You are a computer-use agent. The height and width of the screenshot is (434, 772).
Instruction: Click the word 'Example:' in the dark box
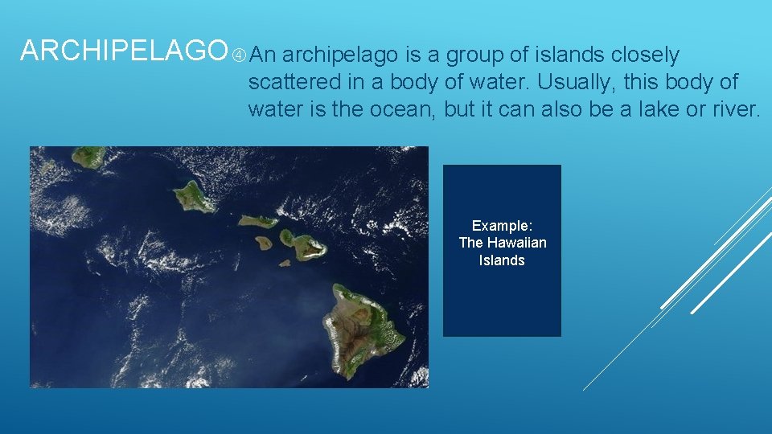pos(502,226)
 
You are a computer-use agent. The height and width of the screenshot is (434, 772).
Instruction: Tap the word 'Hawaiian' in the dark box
pos(517,243)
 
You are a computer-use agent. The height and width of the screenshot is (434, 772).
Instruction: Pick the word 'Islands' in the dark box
pos(502,260)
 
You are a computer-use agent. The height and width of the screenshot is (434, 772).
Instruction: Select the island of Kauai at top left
pos(88,156)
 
